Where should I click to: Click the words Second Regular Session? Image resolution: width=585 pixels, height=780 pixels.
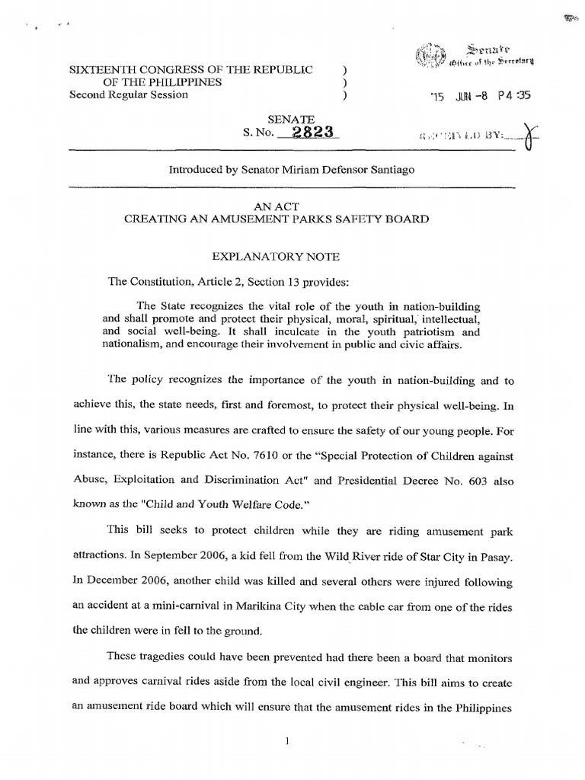129,95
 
